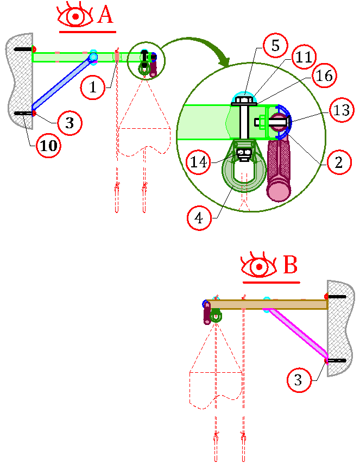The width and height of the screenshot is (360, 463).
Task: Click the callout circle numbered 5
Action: [x=275, y=46]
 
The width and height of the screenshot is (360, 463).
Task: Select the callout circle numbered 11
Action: [x=304, y=57]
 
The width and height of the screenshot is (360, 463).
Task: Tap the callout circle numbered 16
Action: [x=324, y=76]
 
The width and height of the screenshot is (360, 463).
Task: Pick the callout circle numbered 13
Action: [x=342, y=110]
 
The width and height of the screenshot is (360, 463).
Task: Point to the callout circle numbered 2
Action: [x=339, y=162]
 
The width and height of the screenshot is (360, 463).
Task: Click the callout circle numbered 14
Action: [x=199, y=161]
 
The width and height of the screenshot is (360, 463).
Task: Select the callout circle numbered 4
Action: [x=199, y=218]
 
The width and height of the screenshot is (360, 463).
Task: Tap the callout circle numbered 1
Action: [x=93, y=87]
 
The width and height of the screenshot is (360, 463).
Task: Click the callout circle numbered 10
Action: [x=48, y=146]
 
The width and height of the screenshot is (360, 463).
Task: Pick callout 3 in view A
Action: [x=70, y=123]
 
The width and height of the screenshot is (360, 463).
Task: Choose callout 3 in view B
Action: [x=299, y=379]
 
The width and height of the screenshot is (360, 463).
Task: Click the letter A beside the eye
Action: [x=105, y=15]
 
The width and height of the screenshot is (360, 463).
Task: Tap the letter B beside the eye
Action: [x=290, y=265]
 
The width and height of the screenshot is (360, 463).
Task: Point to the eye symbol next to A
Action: [x=75, y=16]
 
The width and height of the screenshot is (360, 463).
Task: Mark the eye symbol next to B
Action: [x=259, y=266]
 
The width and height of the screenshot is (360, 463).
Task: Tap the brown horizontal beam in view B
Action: [x=267, y=304]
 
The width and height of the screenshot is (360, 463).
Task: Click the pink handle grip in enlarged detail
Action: [x=279, y=171]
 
